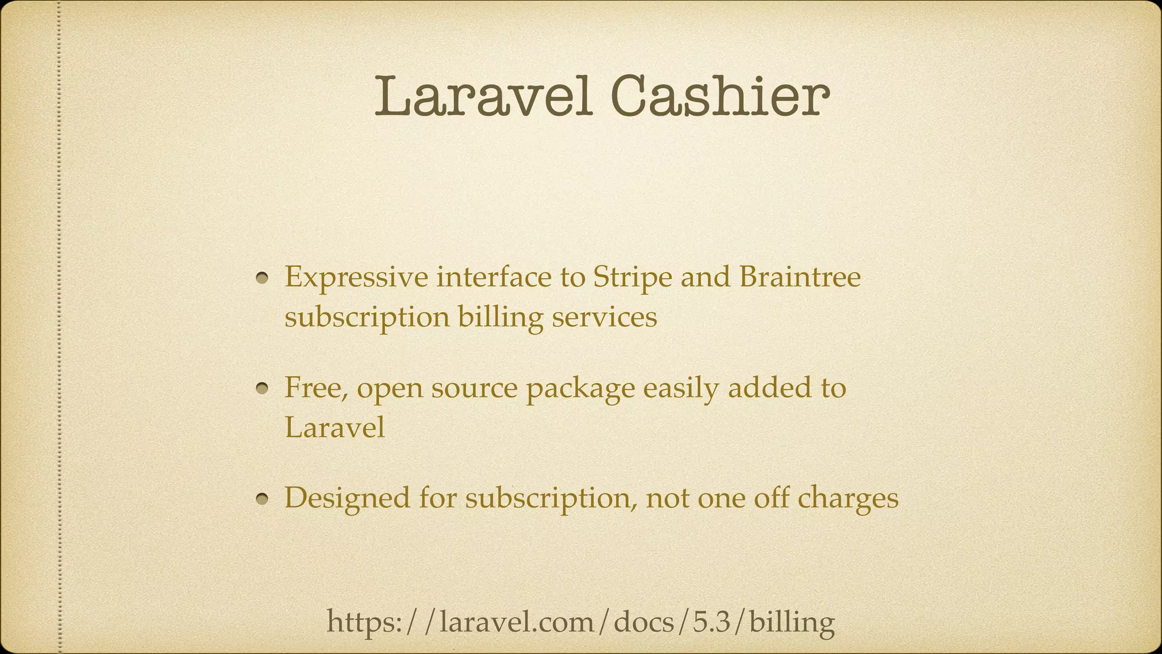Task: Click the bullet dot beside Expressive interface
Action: click(x=262, y=278)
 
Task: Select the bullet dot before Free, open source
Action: click(x=262, y=389)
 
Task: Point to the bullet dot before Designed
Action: click(x=262, y=499)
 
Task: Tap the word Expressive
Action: click(x=356, y=278)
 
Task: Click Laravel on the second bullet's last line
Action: click(x=335, y=427)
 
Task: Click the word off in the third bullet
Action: click(x=771, y=498)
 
